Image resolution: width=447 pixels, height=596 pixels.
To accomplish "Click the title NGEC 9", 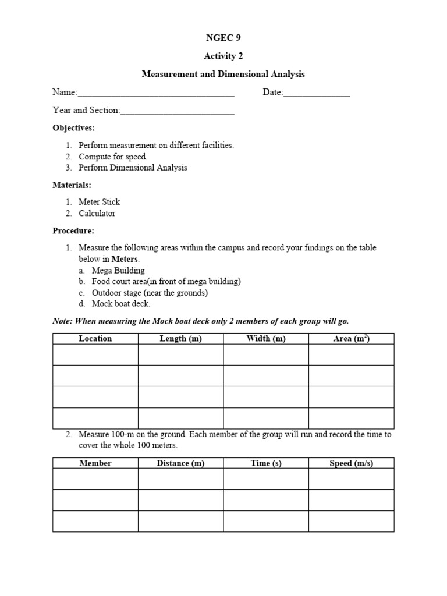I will tap(223, 38).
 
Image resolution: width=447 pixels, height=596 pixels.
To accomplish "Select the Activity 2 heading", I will tap(223, 56).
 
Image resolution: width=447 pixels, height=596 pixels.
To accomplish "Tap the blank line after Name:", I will tap(156, 93).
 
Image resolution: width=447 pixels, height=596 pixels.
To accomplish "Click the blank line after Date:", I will tap(317, 93).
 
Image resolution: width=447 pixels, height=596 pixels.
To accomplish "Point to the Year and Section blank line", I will tap(177, 111).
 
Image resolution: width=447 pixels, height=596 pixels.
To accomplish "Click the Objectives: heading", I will tap(73, 127).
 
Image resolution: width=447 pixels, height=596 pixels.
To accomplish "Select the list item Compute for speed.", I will tap(113, 157).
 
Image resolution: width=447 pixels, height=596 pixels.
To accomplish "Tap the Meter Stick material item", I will tap(100, 202).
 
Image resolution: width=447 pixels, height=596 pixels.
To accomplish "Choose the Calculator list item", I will tap(97, 213).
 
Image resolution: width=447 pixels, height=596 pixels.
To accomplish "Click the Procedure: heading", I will tap(73, 230).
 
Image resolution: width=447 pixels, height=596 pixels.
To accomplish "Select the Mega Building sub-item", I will tap(118, 270).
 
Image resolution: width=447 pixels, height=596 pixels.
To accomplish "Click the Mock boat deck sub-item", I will tap(120, 303).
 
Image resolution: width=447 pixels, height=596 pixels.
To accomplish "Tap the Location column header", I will tap(95, 339).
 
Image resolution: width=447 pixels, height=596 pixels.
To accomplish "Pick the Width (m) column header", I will tap(266, 339).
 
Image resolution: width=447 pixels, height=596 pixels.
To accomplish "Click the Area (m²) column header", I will tap(351, 339).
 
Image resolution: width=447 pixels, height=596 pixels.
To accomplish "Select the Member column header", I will tap(95, 463).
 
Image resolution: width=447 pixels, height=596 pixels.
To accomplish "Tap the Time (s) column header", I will tap(266, 463).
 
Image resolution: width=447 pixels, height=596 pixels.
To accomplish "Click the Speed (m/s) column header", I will tap(351, 463).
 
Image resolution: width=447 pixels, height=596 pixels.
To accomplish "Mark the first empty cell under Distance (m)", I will tap(180, 479).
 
